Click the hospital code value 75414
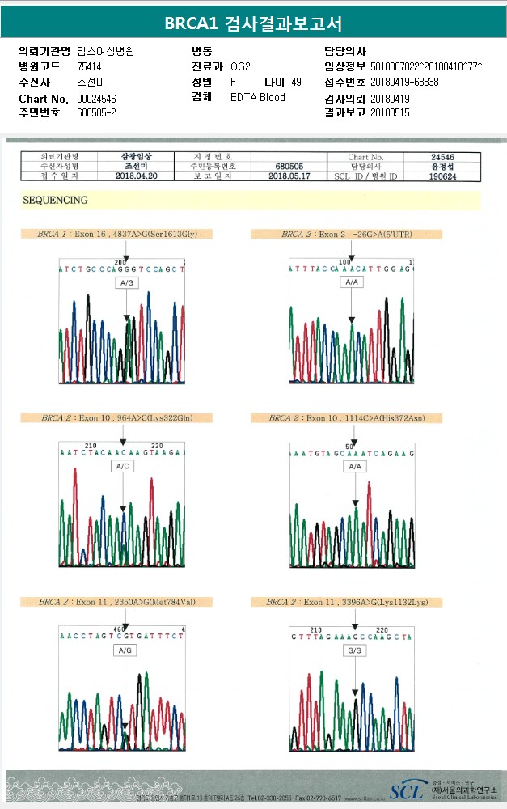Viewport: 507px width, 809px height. [x=90, y=66]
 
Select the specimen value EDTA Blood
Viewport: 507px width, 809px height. [x=258, y=97]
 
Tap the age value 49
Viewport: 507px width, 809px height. [x=296, y=82]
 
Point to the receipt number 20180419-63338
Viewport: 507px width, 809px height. [x=404, y=82]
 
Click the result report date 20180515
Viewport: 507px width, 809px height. [x=390, y=112]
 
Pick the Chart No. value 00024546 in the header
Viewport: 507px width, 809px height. [x=97, y=98]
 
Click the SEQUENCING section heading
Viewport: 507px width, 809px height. [x=56, y=200]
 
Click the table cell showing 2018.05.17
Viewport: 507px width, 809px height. [x=289, y=175]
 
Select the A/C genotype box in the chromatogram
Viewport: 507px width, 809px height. [x=121, y=467]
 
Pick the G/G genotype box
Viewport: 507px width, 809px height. [x=353, y=650]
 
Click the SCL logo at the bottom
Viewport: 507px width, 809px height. [x=407, y=790]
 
